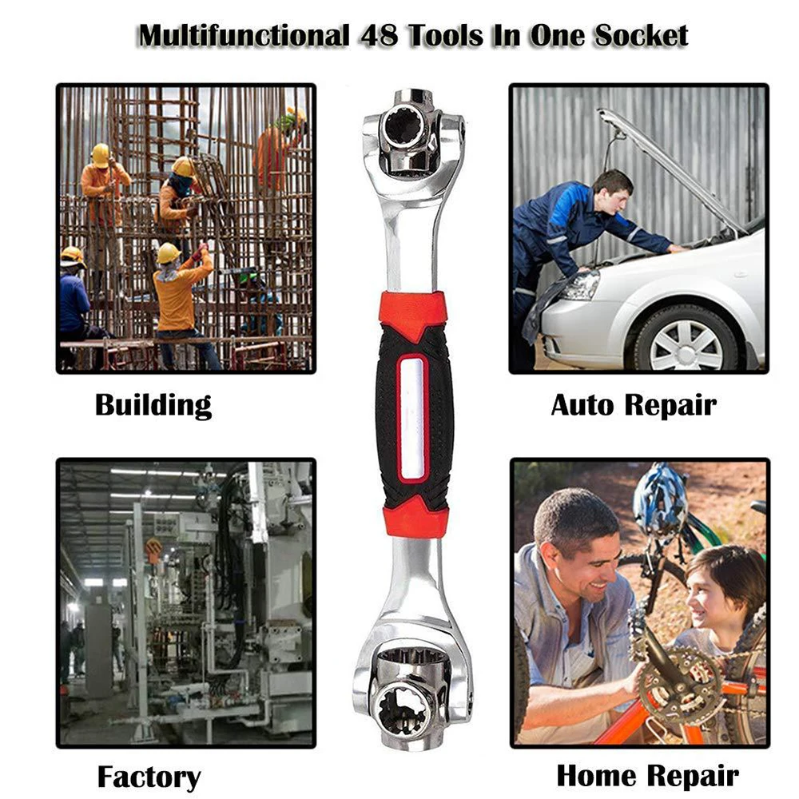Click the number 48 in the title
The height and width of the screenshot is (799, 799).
[x=379, y=36]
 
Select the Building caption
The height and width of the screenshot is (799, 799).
[x=153, y=406]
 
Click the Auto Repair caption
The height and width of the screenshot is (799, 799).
[x=634, y=406]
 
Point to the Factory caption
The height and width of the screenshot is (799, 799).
[x=149, y=777]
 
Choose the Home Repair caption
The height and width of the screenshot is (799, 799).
[x=647, y=776]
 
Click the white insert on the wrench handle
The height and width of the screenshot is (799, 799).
[x=413, y=418]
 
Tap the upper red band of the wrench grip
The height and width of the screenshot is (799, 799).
[x=413, y=312]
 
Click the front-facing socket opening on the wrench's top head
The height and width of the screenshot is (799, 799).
[x=403, y=125]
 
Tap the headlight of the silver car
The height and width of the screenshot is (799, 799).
[x=581, y=285]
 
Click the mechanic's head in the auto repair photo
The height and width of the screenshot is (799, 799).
[x=614, y=191]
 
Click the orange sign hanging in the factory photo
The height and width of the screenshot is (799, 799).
[x=153, y=551]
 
